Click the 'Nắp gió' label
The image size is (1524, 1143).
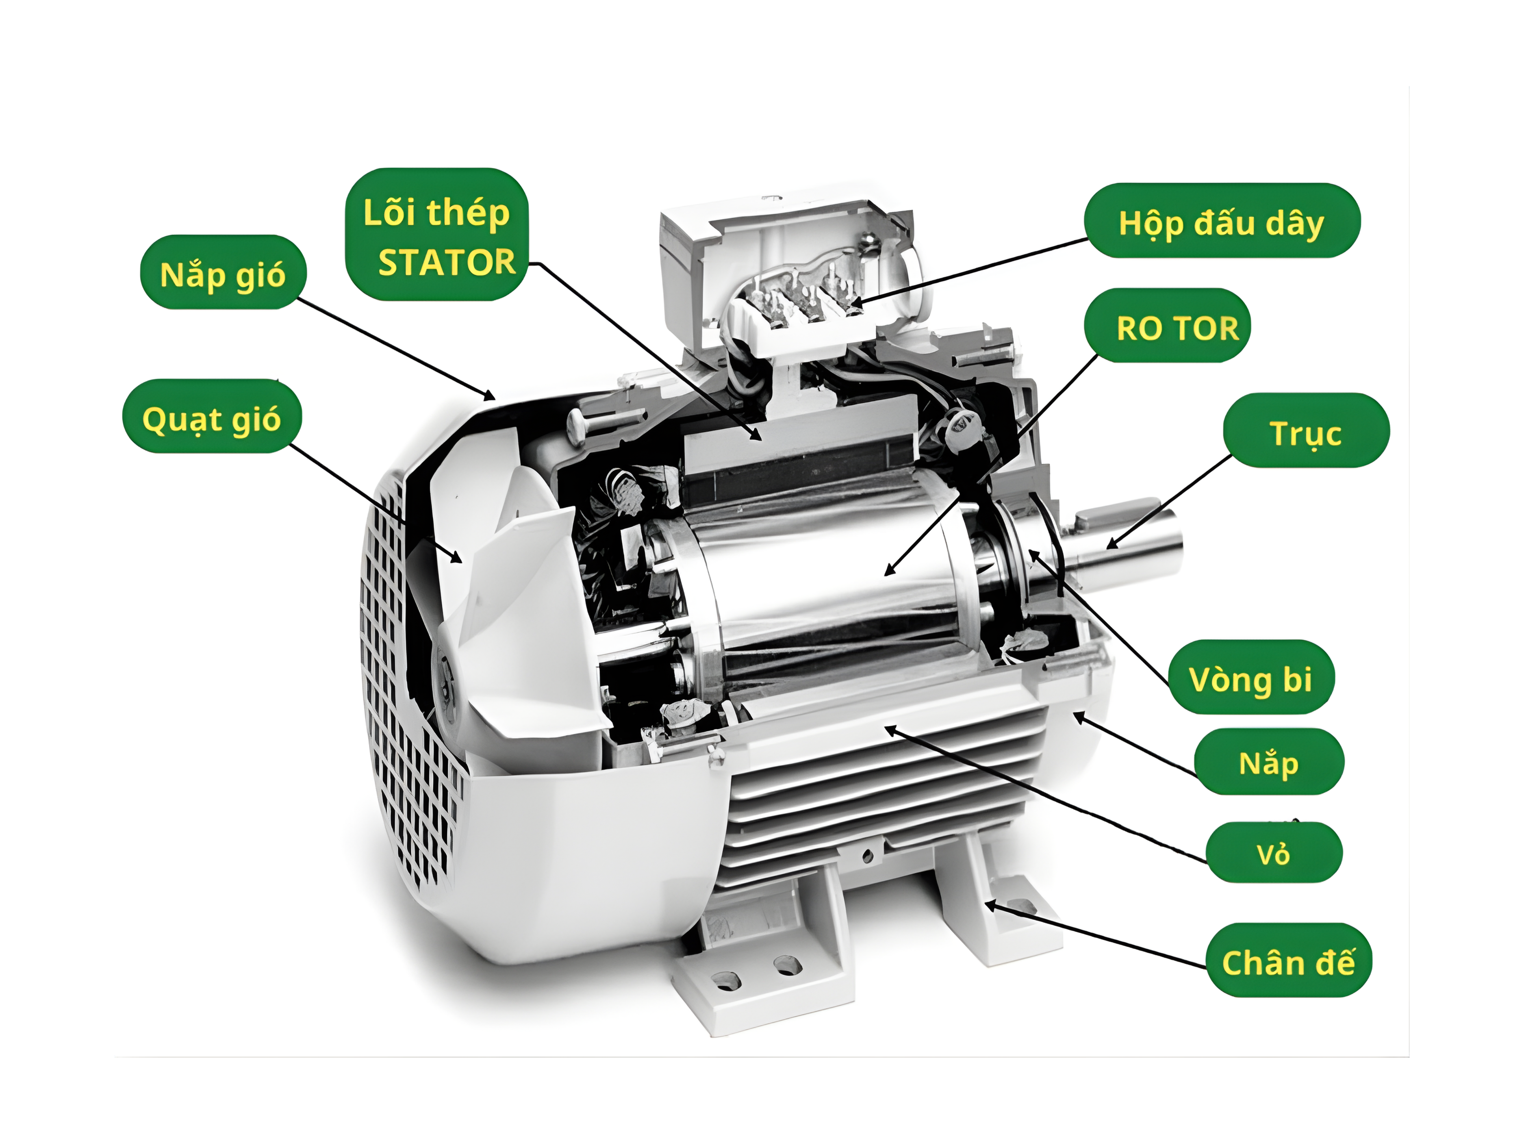click(x=223, y=273)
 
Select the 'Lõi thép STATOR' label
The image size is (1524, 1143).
click(x=437, y=235)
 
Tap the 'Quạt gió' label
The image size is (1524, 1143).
click(x=211, y=417)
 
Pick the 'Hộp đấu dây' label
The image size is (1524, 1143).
click(x=1222, y=221)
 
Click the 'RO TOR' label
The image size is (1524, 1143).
click(x=1177, y=326)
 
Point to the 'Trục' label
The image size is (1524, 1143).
click(x=1306, y=430)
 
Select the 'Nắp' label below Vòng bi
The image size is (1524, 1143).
click(x=1268, y=761)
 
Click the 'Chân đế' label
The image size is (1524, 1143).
click(x=1288, y=960)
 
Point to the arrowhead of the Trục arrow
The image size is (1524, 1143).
click(x=1111, y=544)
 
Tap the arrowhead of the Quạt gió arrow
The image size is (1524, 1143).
click(x=456, y=558)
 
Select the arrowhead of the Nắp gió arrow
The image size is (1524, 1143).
click(x=490, y=397)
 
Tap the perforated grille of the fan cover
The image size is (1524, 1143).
click(x=406, y=682)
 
